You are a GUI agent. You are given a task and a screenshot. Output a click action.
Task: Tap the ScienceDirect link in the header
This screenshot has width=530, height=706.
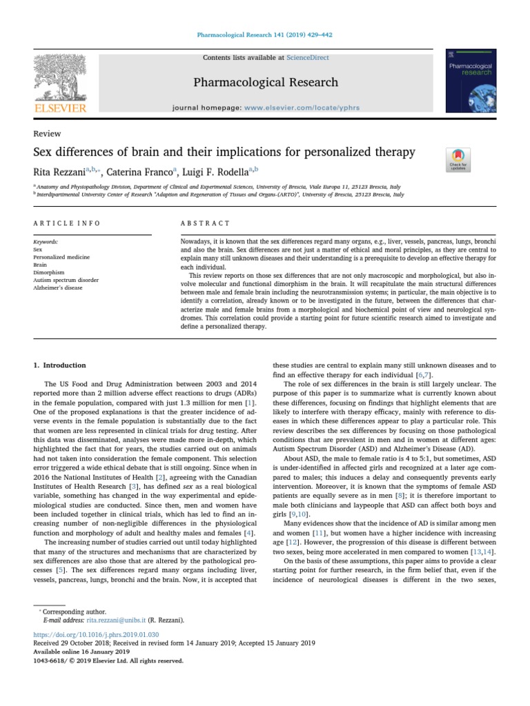[x=308, y=58]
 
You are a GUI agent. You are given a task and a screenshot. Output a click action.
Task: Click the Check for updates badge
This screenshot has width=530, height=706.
[x=458, y=159]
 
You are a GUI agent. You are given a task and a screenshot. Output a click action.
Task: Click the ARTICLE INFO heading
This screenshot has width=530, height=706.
[x=67, y=223]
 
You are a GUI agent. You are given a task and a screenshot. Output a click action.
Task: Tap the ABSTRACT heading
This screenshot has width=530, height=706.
[x=205, y=223]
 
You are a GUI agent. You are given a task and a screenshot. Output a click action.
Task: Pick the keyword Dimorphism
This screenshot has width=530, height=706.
[x=49, y=272]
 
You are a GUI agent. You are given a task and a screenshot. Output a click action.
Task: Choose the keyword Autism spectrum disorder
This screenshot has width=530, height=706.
[x=66, y=280]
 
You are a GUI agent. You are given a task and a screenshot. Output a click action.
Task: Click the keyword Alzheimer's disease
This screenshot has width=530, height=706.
[x=58, y=288]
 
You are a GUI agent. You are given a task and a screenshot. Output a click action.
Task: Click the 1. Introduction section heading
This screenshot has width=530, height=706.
[x=60, y=365]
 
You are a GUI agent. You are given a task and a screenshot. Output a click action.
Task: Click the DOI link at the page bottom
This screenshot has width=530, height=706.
[x=96, y=634]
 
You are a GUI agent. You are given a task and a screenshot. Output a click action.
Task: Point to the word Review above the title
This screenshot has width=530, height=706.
[x=47, y=134]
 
